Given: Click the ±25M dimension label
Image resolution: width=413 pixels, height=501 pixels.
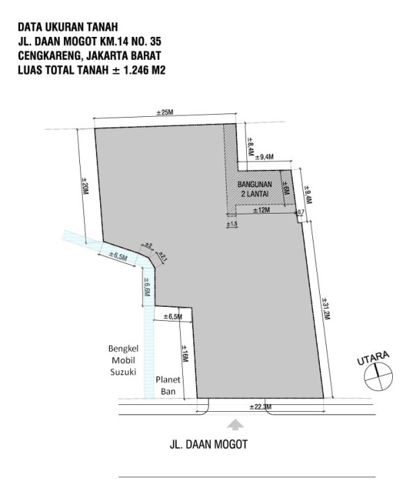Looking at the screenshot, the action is [x=165, y=113].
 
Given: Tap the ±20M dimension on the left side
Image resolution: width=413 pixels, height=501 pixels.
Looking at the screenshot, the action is [x=85, y=186].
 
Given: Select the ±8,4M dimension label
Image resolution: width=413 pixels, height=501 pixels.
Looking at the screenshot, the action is [x=250, y=147].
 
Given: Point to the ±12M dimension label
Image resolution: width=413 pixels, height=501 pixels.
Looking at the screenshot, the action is [x=261, y=210].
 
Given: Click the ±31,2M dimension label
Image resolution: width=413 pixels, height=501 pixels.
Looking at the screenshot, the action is [x=326, y=309].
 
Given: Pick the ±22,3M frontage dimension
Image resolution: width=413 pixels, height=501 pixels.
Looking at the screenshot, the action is [x=261, y=407].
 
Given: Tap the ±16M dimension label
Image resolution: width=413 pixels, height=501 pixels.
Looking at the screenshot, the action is [x=184, y=353].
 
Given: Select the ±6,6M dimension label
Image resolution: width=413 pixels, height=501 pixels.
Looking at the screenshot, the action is [x=147, y=287].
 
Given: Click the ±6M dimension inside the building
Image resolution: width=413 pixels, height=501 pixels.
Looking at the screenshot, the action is [x=286, y=189].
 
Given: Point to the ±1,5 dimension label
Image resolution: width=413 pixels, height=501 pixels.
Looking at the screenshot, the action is [x=232, y=224].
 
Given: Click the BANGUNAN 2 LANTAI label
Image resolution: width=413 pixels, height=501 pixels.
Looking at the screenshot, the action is [x=254, y=189].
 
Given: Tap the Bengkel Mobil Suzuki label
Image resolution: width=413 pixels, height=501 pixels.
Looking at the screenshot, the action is [x=124, y=360].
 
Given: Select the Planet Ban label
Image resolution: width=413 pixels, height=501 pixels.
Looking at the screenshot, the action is [x=168, y=385].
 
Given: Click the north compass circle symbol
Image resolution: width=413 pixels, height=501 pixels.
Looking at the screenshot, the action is [x=378, y=377].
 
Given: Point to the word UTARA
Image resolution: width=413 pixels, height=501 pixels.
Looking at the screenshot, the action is [x=373, y=358].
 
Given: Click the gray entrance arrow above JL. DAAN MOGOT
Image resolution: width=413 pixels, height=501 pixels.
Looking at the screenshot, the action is [x=236, y=424].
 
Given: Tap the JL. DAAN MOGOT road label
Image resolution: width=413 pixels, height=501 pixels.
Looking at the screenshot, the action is [x=209, y=445].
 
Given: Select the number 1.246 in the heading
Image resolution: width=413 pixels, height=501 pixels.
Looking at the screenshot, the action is [x=136, y=70].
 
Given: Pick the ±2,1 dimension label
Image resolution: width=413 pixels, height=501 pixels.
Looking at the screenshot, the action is [x=162, y=257].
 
